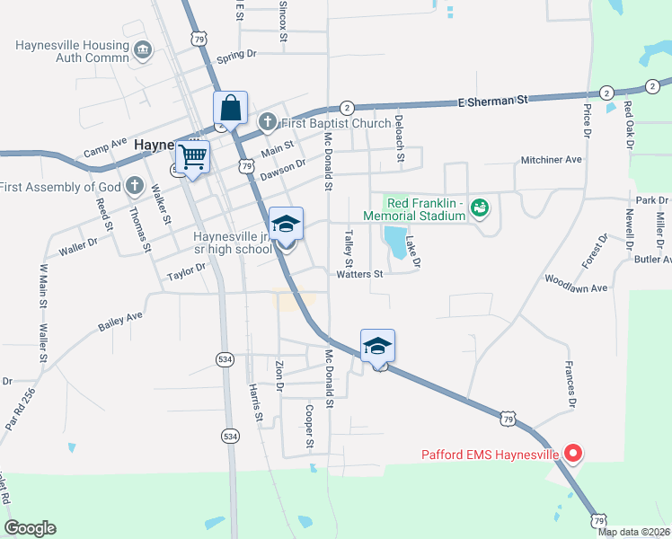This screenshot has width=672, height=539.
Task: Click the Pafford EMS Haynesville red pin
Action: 571,454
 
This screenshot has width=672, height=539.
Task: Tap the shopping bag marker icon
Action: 231,109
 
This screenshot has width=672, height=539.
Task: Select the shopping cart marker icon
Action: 193,157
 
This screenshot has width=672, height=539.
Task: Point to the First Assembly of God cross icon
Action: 134,187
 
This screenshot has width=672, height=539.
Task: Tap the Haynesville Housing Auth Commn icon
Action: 141,50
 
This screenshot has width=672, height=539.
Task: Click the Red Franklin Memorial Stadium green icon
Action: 479,208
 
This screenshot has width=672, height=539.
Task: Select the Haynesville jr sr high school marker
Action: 287,223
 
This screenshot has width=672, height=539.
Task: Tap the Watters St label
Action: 360,275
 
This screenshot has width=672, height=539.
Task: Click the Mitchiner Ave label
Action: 552,160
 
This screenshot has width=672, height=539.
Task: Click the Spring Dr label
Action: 236,55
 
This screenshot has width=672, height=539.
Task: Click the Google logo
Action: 30,528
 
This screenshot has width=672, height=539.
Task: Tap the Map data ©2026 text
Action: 634,532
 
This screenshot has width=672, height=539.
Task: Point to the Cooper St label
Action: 308,427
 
